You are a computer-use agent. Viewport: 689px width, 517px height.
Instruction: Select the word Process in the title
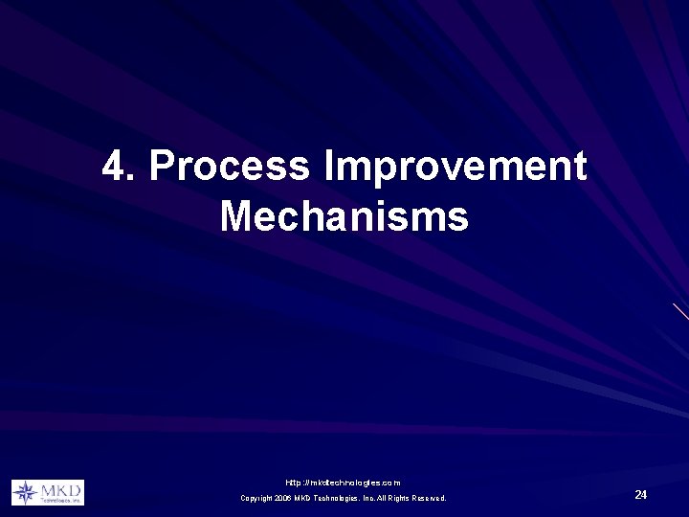click(x=230, y=167)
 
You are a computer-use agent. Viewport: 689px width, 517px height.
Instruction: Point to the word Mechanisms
click(x=344, y=215)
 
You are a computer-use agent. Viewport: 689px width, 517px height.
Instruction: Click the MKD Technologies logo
click(x=48, y=492)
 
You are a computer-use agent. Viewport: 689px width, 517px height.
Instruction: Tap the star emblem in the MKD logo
click(x=25, y=492)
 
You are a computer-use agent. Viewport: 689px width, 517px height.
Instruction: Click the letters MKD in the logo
click(x=60, y=489)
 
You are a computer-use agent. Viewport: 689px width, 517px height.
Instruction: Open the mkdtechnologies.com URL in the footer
click(x=343, y=483)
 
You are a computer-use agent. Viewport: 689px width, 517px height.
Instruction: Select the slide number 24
click(x=641, y=494)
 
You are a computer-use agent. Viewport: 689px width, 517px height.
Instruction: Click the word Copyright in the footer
click(x=256, y=498)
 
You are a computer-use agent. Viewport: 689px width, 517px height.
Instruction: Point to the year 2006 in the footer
click(x=283, y=498)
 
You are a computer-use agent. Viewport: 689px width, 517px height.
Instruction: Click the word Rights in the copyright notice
click(x=398, y=498)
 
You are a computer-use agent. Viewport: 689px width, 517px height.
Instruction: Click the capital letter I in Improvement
click(x=330, y=167)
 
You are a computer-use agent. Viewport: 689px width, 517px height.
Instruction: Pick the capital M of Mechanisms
click(x=236, y=215)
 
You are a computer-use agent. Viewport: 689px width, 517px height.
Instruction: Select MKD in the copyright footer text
click(x=303, y=498)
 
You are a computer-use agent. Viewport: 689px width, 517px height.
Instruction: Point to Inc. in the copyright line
click(x=366, y=498)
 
